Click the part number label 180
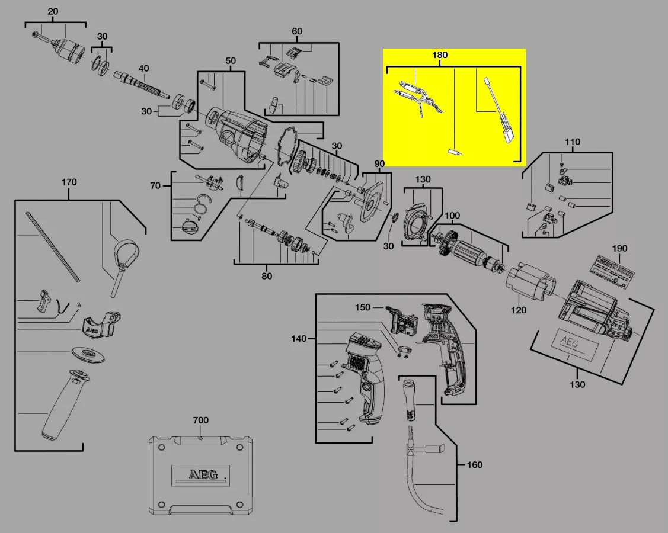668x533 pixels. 440,55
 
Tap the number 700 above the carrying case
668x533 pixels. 201,420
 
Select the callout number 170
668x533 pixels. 69,182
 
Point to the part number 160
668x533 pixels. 474,465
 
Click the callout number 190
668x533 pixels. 619,249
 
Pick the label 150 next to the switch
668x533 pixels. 363,307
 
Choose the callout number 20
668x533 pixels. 53,12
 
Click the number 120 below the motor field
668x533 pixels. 519,310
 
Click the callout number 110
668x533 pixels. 573,142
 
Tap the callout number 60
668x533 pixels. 297,31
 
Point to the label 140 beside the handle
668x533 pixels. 299,339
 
